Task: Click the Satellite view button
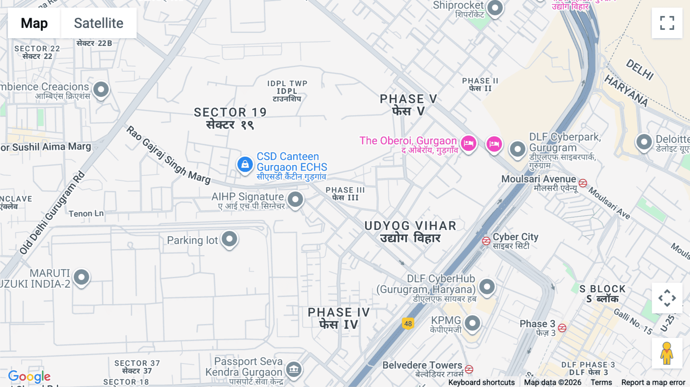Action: [99, 23]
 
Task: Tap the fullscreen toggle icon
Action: [667, 23]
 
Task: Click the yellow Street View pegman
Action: [667, 353]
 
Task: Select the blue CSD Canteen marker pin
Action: [245, 165]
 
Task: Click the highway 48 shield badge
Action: [408, 324]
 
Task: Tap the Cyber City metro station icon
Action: [486, 241]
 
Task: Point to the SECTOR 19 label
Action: [230, 112]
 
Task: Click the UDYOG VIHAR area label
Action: [410, 226]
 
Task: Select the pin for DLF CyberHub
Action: [487, 287]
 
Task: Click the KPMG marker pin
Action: [472, 323]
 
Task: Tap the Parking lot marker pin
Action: [229, 239]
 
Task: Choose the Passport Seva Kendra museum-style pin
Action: [294, 369]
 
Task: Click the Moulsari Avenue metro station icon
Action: [583, 183]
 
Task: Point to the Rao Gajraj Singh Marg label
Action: [169, 155]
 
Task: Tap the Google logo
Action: [30, 377]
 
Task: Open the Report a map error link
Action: [653, 382]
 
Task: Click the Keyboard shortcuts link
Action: [481, 382]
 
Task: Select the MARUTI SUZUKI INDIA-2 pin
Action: [81, 277]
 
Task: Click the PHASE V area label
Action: [408, 99]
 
